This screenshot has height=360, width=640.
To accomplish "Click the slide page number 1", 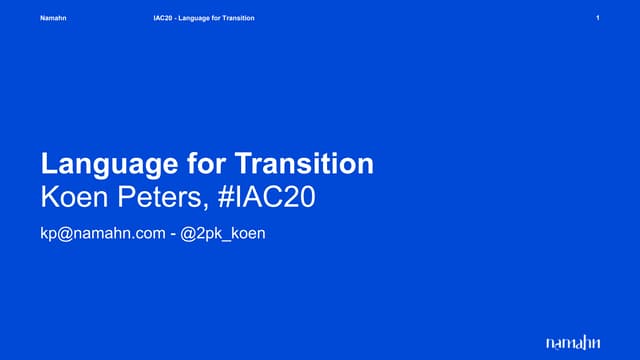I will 597,18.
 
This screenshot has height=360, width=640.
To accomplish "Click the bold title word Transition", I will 305,163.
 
